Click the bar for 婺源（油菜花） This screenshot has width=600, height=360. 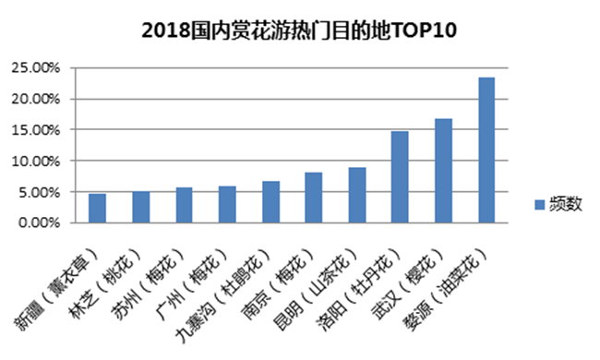click(x=486, y=150)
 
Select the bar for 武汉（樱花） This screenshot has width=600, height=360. click(x=443, y=171)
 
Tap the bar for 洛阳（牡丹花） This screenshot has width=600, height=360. click(x=400, y=177)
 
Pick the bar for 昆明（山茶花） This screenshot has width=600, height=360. click(x=357, y=195)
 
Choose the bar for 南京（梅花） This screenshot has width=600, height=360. click(x=314, y=198)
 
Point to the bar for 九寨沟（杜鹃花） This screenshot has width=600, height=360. click(x=270, y=202)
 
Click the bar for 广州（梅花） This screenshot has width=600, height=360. click(x=227, y=204)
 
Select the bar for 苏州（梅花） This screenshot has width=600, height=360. click(x=184, y=205)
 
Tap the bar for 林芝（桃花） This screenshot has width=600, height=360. click(x=141, y=207)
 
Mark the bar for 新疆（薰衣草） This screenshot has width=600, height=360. click(x=97, y=208)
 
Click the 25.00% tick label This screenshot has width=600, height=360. click(x=36, y=68)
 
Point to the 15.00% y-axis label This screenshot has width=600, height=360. click(x=36, y=130)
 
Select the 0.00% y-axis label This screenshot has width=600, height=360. click(x=39, y=222)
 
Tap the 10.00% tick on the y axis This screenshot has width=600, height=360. click(x=36, y=161)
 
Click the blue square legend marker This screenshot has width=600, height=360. click(x=540, y=205)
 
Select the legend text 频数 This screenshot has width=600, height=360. click(x=566, y=204)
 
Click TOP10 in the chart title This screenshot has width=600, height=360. click(x=424, y=30)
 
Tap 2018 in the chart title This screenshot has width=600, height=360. click(x=166, y=30)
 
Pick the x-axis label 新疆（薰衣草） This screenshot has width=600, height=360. click(x=54, y=290)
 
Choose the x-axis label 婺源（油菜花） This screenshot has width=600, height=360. click(x=446, y=290)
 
